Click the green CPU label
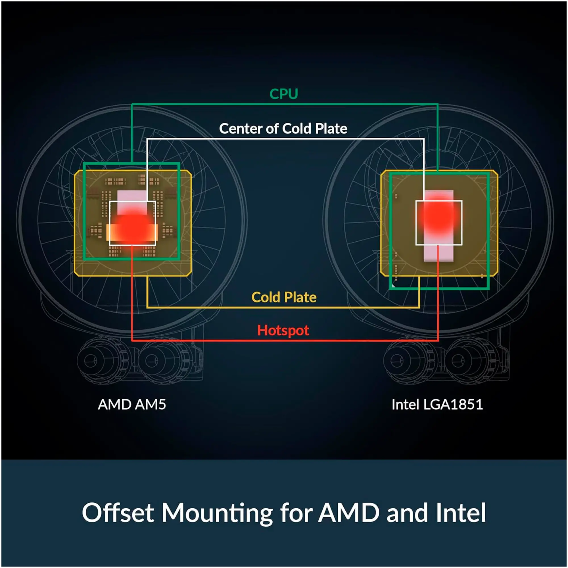(284, 94)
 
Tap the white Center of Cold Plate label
(283, 129)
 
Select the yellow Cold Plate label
(284, 297)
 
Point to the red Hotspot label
(283, 331)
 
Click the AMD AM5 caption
(132, 404)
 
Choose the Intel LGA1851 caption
(437, 404)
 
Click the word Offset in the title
(118, 513)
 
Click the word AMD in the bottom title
(349, 513)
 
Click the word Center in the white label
(241, 129)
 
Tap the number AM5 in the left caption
(149, 404)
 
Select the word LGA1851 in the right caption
(453, 404)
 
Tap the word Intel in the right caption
(405, 404)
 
